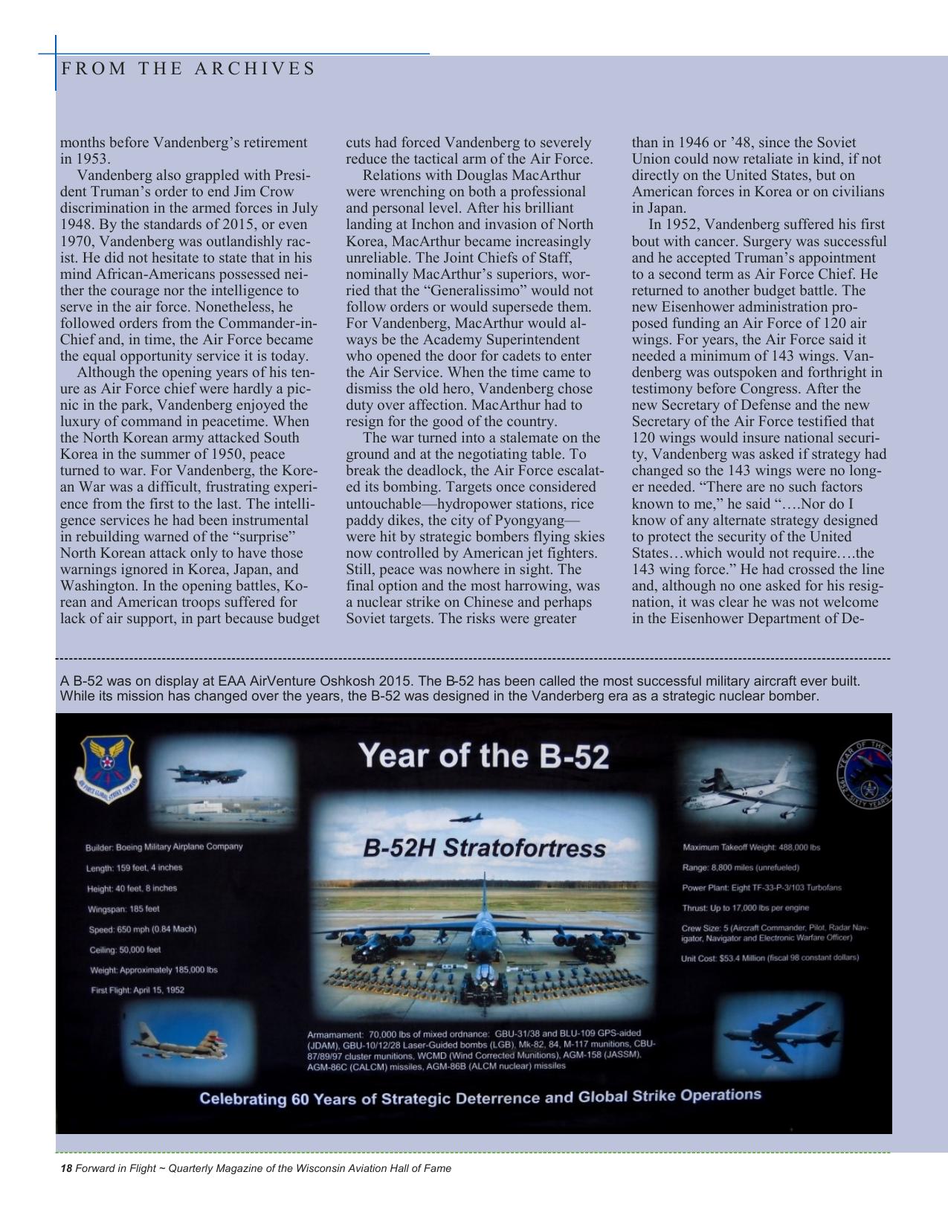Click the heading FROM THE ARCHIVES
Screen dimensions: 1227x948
[x=188, y=68]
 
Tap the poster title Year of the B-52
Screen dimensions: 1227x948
[x=483, y=756]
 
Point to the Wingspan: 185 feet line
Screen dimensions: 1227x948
[x=123, y=909]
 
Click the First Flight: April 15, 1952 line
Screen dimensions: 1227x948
[x=138, y=990]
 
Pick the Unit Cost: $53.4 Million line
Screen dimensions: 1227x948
[x=770, y=958]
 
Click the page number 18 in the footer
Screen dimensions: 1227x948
[x=65, y=1168]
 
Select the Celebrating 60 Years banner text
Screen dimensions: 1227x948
[x=480, y=1097]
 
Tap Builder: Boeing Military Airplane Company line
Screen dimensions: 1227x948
[x=164, y=847]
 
